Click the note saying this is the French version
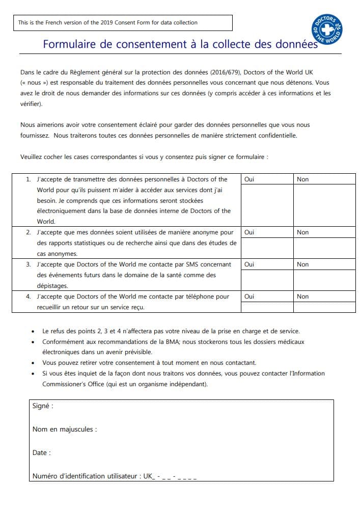108,22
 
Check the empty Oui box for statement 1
267,205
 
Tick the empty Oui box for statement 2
267,248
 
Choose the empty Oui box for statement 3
267,280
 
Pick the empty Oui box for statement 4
267,307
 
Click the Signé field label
43,406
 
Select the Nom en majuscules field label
64,430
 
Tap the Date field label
41,453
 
